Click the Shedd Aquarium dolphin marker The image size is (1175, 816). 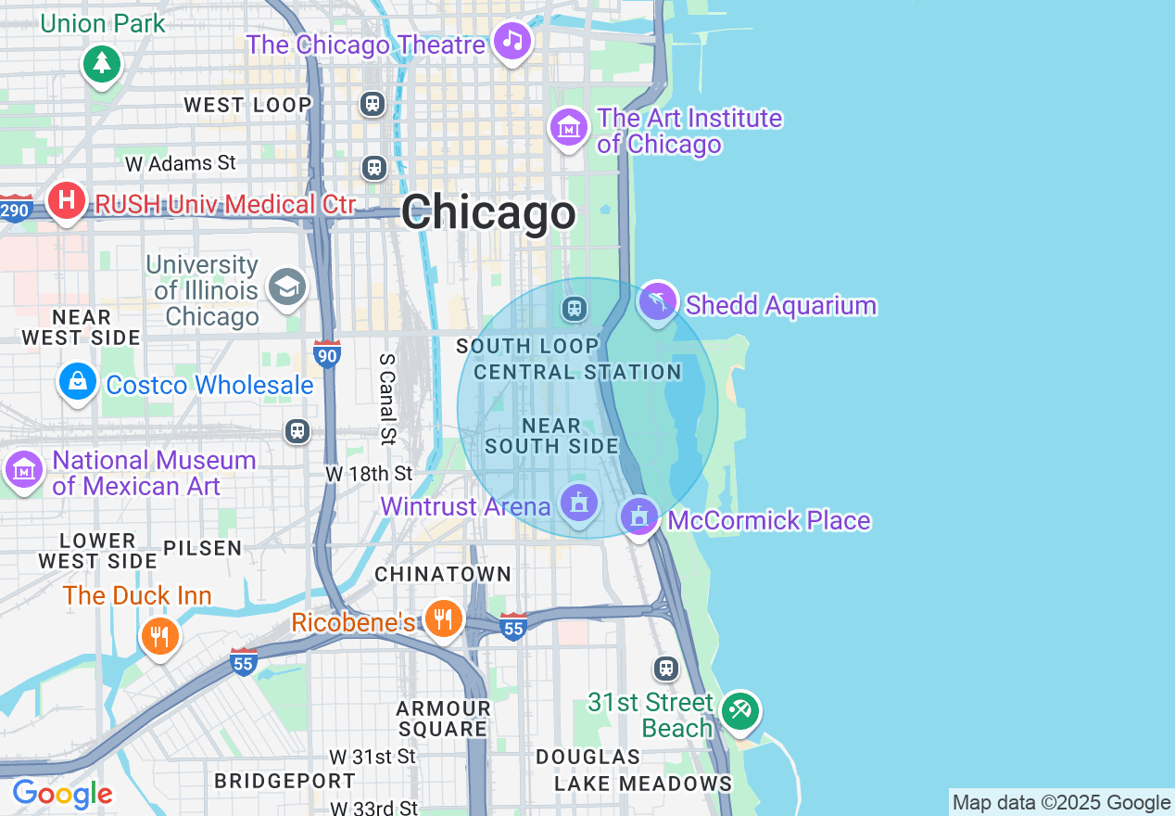[657, 301]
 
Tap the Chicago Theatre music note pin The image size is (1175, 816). [512, 41]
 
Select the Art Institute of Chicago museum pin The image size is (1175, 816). [569, 126]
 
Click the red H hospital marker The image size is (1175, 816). [66, 199]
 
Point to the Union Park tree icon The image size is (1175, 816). [101, 64]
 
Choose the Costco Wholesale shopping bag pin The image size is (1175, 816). [78, 381]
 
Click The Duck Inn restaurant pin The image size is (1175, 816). [159, 635]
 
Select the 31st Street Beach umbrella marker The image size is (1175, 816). [740, 711]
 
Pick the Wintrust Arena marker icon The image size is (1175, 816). [579, 504]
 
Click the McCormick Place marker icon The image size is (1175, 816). [638, 516]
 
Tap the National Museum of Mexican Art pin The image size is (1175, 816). [24, 469]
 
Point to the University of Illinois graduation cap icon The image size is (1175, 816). [287, 287]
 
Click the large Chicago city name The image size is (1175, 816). [488, 212]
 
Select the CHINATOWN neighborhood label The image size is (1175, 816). [443, 574]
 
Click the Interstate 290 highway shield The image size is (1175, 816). [15, 210]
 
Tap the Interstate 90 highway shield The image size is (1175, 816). [326, 354]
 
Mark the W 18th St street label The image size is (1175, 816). [369, 474]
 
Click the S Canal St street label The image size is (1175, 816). [387, 397]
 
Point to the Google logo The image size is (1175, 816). [62, 794]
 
